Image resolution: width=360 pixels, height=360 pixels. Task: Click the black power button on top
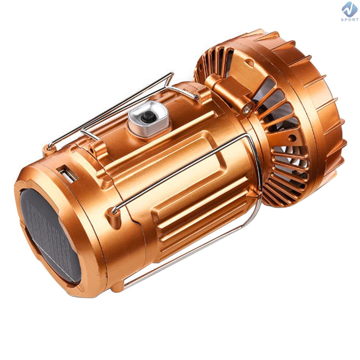(147, 117)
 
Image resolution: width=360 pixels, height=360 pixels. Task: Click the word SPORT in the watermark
(350, 20)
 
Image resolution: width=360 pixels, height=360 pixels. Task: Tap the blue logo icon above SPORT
(350, 9)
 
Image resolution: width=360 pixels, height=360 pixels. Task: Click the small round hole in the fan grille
(292, 138)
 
